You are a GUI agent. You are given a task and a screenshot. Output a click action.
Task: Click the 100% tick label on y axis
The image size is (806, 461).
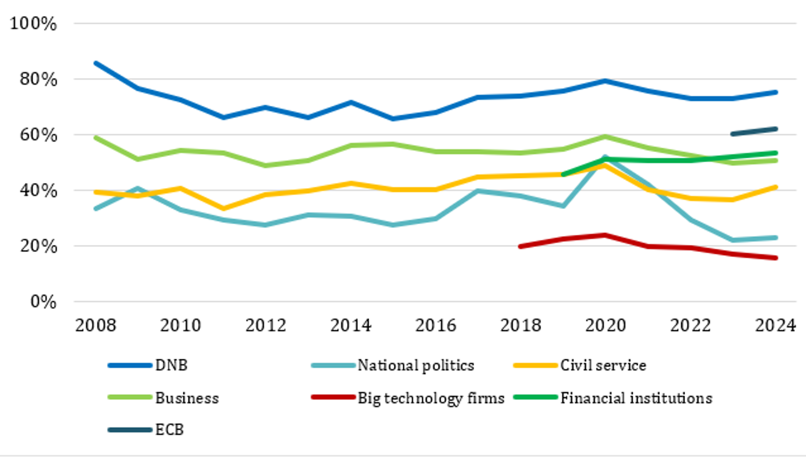pos(33,24)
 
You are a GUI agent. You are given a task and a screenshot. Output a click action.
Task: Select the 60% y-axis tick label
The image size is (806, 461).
pos(38,135)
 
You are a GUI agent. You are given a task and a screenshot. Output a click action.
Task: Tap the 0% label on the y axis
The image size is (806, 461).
pos(43,302)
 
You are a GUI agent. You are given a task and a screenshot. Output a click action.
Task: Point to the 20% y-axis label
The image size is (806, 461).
pos(38,246)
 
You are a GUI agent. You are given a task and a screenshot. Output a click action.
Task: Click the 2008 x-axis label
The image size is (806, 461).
pos(96,325)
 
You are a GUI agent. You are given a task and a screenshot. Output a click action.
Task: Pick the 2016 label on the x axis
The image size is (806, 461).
pos(435,325)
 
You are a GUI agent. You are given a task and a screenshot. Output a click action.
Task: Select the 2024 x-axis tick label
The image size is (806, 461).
pos(775,325)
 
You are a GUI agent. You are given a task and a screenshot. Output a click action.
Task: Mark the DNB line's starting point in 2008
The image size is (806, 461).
pos(96,63)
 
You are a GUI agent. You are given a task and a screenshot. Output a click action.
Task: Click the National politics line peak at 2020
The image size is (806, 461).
pos(605,157)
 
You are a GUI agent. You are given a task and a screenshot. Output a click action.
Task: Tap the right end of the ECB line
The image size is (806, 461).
pos(776,129)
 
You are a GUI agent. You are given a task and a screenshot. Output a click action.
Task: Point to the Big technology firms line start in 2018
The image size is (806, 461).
pos(520,246)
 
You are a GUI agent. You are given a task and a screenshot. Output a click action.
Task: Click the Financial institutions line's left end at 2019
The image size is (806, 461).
pos(563,174)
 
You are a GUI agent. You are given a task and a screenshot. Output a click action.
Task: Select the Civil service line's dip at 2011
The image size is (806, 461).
pos(223,208)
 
